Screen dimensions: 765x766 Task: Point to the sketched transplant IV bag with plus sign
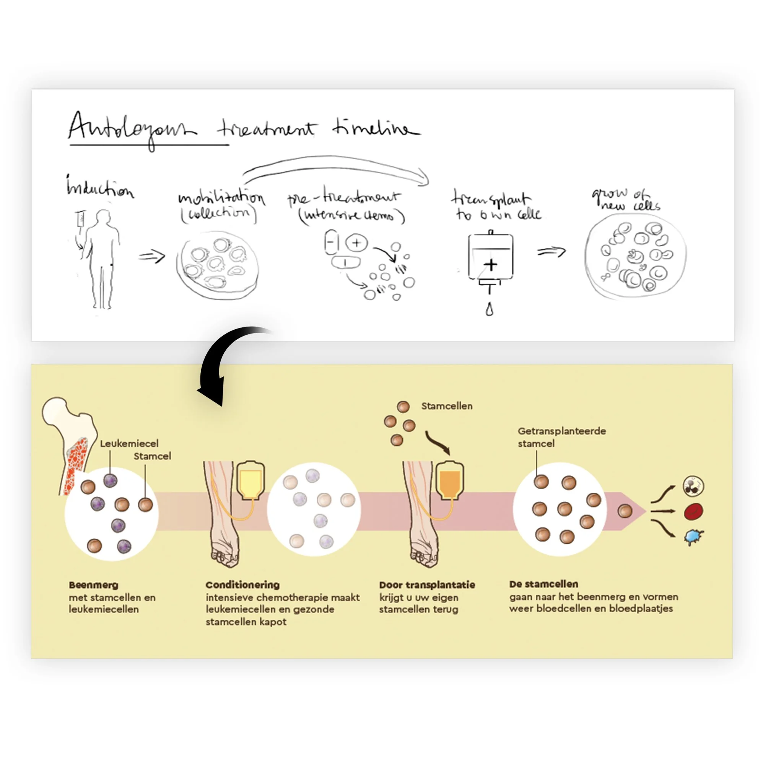490,258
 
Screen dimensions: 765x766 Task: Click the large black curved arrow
222,365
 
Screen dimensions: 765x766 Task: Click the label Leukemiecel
129,443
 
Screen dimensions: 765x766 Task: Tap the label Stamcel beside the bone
152,456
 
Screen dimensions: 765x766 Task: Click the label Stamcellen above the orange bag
447,406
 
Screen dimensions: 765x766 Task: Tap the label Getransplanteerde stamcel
561,437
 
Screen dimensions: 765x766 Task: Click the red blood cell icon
693,511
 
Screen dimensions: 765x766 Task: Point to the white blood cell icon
693,486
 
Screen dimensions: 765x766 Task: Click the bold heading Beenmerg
94,585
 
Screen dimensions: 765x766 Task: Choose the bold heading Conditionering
242,585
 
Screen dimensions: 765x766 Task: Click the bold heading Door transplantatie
427,585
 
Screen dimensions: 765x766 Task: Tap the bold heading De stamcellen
543,584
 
